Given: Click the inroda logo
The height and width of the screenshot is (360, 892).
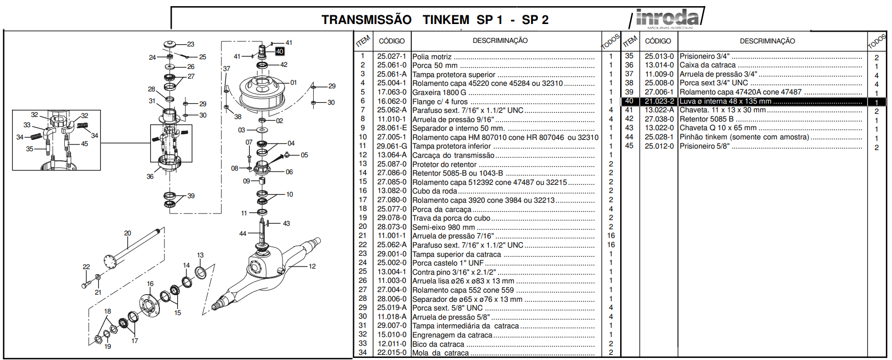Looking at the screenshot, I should [667, 18].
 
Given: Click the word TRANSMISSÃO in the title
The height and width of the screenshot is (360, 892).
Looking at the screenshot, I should [366, 20].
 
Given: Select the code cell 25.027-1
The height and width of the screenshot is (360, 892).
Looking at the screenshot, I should [391, 56].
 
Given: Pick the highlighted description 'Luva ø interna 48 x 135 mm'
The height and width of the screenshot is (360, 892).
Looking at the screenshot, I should [725, 102].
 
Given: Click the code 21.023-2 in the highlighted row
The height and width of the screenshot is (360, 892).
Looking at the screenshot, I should [659, 102].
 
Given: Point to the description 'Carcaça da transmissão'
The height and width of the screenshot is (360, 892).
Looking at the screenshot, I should [453, 155].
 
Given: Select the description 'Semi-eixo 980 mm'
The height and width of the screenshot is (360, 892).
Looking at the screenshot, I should [443, 227].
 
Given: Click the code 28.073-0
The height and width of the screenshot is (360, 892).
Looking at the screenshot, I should [391, 227].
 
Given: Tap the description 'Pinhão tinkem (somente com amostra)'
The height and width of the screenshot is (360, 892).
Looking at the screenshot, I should [744, 137].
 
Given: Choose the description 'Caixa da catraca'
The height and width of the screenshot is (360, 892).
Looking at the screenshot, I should [707, 65].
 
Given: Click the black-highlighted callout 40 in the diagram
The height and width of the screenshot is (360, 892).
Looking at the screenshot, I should [279, 51].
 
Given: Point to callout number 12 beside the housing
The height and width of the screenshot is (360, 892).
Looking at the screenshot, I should [312, 266].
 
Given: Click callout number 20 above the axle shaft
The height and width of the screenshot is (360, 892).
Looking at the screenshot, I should [128, 233].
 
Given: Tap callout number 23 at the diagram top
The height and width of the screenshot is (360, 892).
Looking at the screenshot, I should [191, 44].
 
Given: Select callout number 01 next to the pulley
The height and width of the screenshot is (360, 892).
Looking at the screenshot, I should [293, 82].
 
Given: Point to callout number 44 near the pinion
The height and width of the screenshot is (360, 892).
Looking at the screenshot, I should [243, 233].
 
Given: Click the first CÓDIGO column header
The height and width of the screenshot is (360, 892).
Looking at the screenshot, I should [391, 41].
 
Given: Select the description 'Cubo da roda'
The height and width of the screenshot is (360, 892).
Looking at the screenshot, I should [434, 191].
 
